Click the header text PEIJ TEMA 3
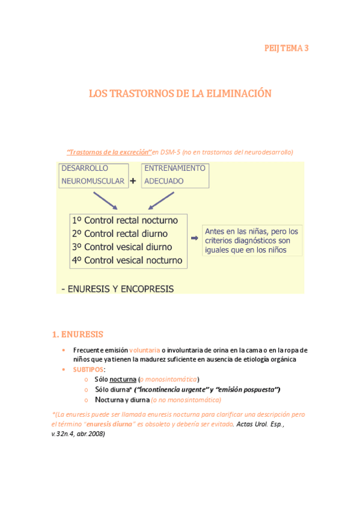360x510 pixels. [287, 48]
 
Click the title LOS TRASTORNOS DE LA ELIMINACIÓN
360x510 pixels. [180, 93]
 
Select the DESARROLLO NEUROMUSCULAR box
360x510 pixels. [93, 174]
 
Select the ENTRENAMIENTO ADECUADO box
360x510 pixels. [174, 174]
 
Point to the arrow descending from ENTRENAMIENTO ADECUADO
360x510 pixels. [159, 200]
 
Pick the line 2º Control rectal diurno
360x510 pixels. [120, 233]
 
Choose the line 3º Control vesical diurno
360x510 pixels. [121, 247]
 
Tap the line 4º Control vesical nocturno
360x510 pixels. [126, 260]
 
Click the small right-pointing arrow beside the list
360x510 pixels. [194, 238]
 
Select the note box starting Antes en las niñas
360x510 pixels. [251, 240]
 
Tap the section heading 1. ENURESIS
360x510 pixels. [78, 334]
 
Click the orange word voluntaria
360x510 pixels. [144, 350]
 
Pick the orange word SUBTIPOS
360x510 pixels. [88, 369]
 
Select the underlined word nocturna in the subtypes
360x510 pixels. [123, 379]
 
